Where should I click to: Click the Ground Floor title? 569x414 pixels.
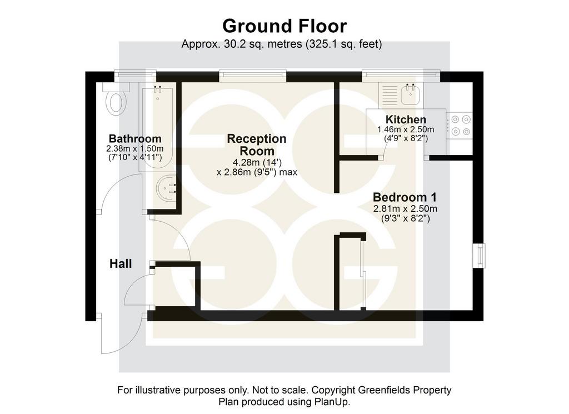284,26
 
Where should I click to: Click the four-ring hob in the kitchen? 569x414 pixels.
460,125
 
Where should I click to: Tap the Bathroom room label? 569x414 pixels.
135,138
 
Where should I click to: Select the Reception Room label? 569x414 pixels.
257,145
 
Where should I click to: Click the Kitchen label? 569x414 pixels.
406,119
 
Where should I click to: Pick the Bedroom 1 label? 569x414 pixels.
405,197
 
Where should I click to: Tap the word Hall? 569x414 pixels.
121,264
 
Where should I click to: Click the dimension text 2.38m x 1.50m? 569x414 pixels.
135,149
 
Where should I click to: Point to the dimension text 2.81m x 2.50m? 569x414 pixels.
405,209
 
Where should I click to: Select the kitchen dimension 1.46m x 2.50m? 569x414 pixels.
406,129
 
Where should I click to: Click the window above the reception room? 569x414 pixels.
253,75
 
